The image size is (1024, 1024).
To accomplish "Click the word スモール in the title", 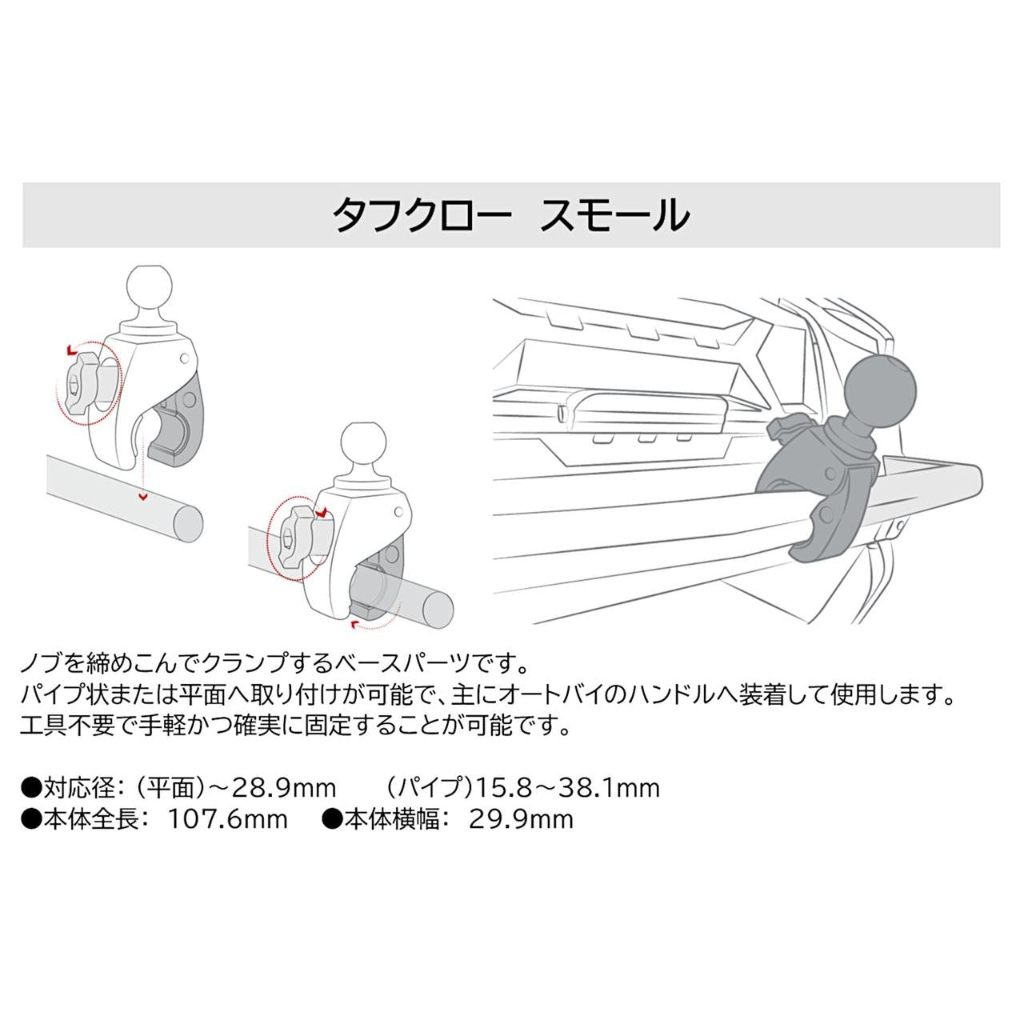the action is pyautogui.click(x=614, y=215).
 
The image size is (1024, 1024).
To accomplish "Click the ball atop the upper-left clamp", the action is pyautogui.click(x=150, y=287).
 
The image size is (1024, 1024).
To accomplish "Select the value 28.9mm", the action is pyautogui.click(x=284, y=787).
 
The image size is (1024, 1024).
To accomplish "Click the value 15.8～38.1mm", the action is pyautogui.click(x=567, y=787).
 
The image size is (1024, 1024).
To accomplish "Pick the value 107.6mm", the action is pyautogui.click(x=228, y=819).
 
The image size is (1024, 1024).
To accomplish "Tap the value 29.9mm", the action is pyautogui.click(x=522, y=819).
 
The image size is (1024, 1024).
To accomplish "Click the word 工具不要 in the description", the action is pyautogui.click(x=67, y=726).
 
